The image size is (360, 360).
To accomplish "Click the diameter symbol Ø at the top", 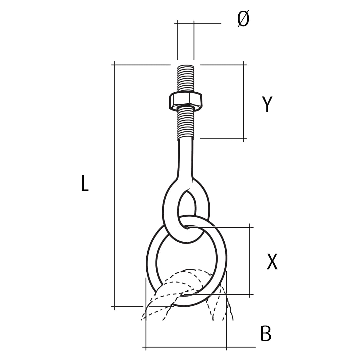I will coord(243,19).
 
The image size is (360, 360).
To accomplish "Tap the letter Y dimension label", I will coord(267,104).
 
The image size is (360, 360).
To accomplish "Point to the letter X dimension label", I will coord(272,262).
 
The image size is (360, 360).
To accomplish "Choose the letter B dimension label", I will coord(266,333).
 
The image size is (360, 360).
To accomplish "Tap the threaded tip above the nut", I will coord(185,78).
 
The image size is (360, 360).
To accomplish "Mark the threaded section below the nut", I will coord(185,123).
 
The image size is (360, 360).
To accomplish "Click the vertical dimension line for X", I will coord(250,261).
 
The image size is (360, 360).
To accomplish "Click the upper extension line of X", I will coord(219,227).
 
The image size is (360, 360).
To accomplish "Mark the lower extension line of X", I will coord(219,294).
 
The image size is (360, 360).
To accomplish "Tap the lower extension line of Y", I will coord(223,139).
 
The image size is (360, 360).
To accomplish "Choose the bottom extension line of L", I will coord(128,306).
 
